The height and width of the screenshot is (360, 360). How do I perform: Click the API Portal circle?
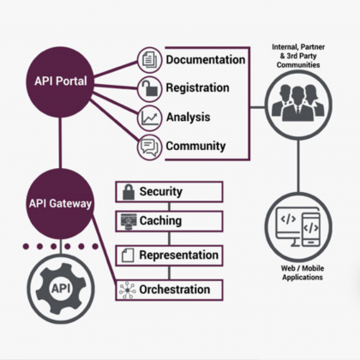61,81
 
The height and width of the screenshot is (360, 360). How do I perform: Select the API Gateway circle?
59,204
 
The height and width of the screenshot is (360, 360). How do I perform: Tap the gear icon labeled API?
59,289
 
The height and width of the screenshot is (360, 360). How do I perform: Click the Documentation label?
205,60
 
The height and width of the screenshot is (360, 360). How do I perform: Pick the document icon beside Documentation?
149,60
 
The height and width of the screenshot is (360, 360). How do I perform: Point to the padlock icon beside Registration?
149,88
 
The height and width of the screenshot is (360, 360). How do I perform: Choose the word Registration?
197,87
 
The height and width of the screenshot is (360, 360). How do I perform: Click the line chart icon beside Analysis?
149,117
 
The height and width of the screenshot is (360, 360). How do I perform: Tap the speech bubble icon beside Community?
149,147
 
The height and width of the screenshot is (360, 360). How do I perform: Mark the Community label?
195,146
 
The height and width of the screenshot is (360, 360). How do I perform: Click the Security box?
169,191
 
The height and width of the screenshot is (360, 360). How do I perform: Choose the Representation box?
169,255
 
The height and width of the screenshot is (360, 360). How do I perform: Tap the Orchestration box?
169,290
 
